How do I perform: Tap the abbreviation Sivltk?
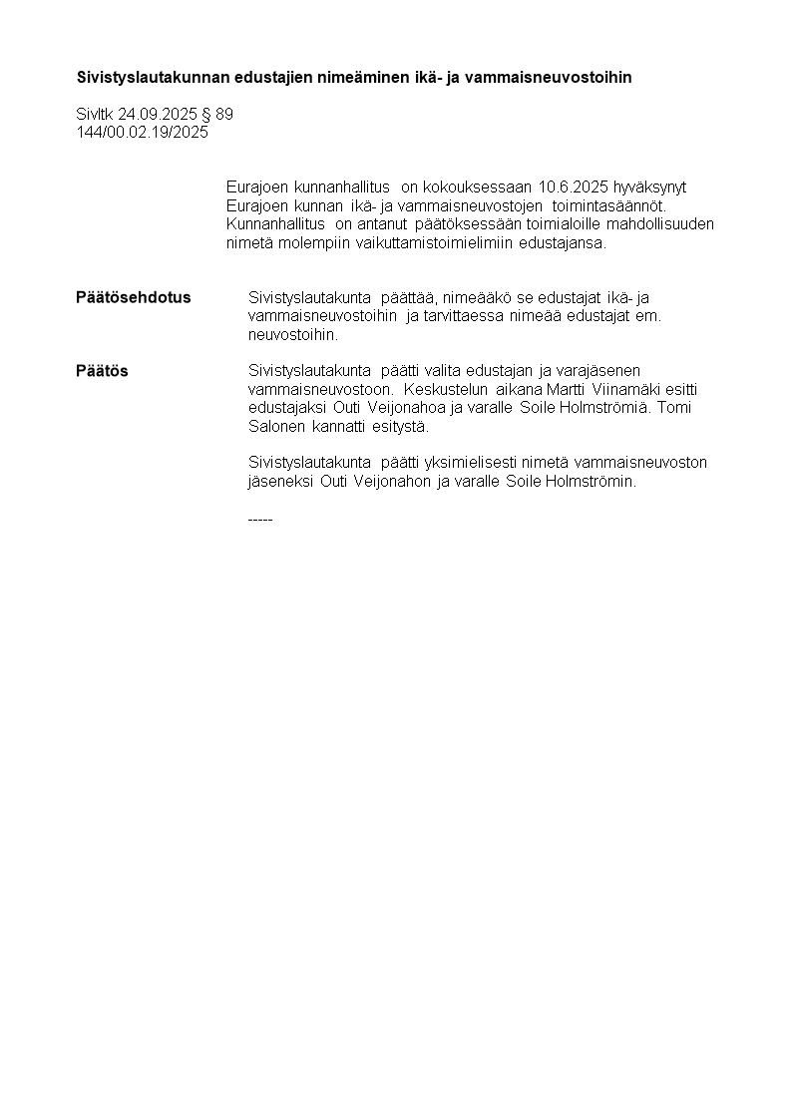pyautogui.click(x=95, y=114)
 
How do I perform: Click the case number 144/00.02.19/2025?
pyautogui.click(x=143, y=132)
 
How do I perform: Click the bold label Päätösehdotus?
pyautogui.click(x=133, y=297)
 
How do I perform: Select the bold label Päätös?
pyautogui.click(x=102, y=371)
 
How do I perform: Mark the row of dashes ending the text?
pyautogui.click(x=259, y=519)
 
